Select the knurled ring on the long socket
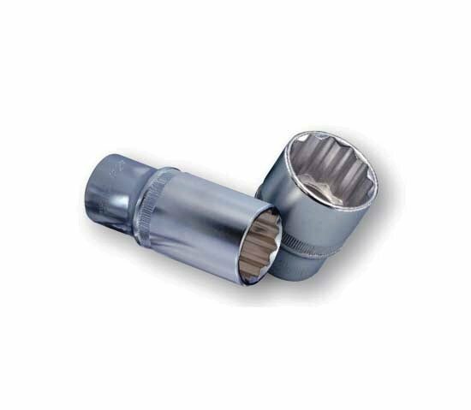(x=164, y=202)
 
